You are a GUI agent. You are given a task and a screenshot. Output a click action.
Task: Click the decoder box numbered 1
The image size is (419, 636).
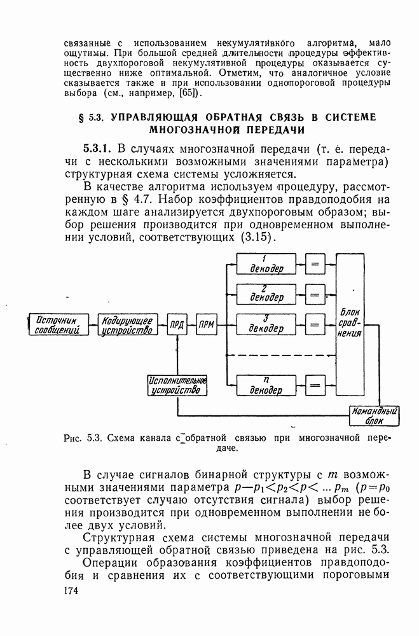coord(267,263)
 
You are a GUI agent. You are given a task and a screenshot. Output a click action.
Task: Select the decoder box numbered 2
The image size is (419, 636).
coord(267,293)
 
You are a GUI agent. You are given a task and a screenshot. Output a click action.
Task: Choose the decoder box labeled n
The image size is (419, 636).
coord(267,385)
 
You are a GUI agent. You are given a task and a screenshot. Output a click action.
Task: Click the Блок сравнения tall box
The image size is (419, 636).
coord(350,325)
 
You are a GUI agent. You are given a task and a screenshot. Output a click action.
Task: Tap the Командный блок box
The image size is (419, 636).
coord(374,415)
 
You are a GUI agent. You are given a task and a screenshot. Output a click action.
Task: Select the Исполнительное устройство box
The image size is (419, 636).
coord(177,385)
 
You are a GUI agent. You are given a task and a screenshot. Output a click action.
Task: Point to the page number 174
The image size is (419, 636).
coord(74,591)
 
